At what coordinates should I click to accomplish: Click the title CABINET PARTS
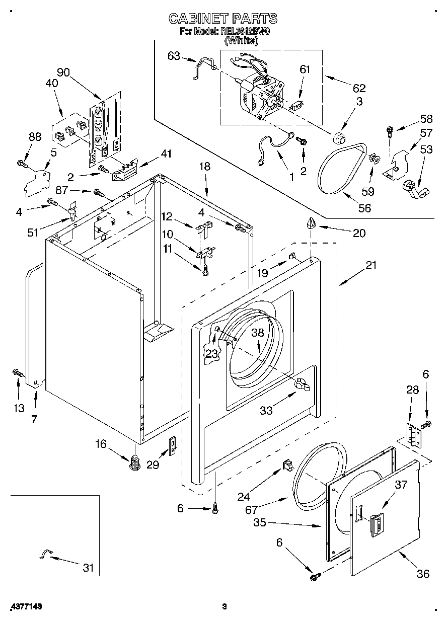click(222, 19)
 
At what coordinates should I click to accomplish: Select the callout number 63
click(173, 56)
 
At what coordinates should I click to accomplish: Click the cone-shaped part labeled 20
click(311, 223)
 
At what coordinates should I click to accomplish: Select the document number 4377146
click(25, 607)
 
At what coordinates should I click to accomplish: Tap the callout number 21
click(371, 265)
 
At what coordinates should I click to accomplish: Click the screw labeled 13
click(17, 373)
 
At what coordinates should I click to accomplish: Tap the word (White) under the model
click(241, 41)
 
